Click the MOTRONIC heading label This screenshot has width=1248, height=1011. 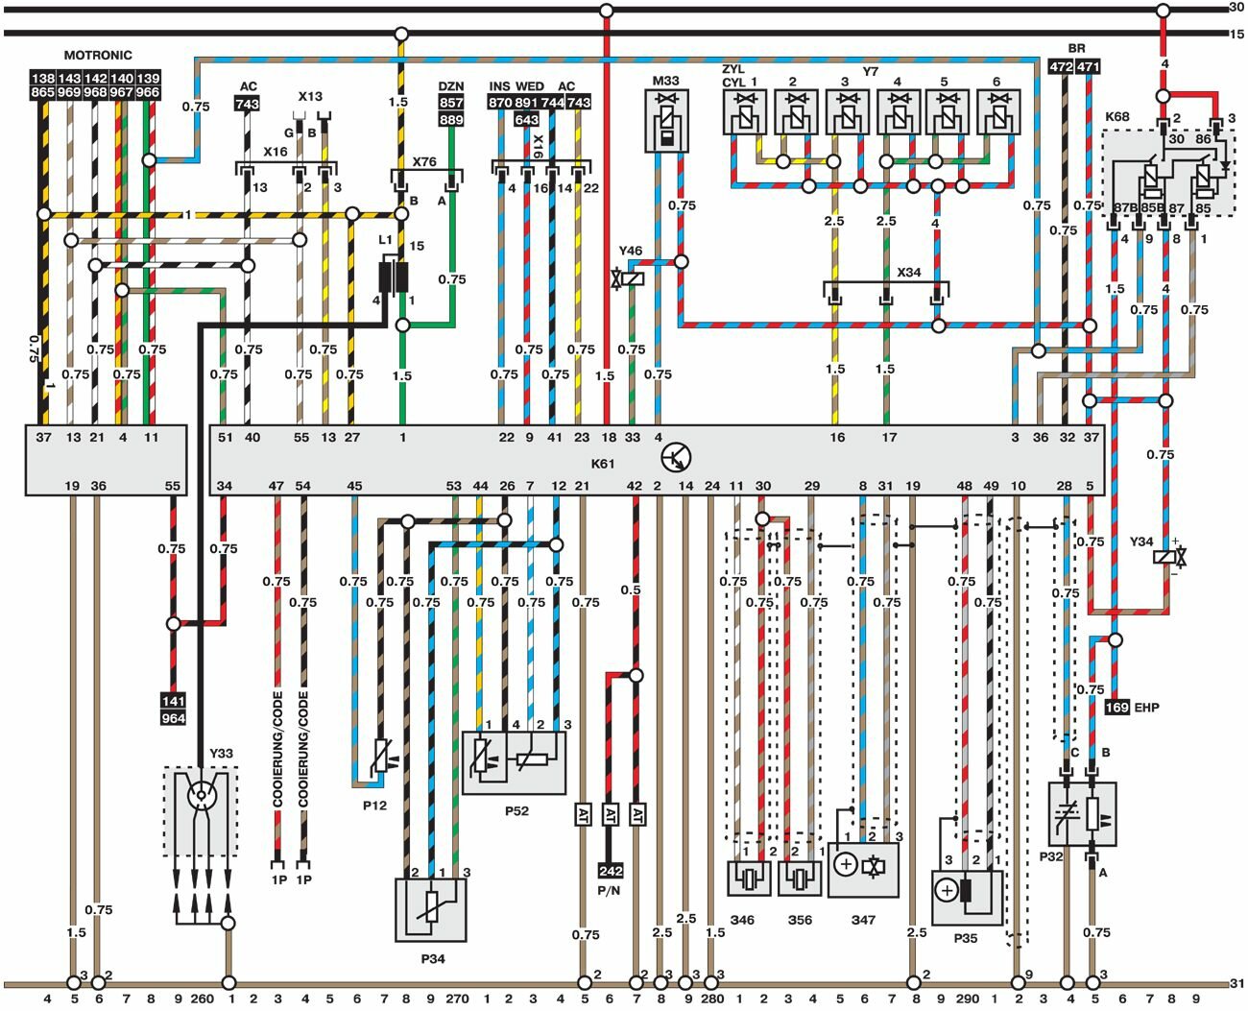(98, 55)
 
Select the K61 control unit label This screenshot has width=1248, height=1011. (602, 464)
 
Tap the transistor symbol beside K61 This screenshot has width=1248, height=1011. (678, 458)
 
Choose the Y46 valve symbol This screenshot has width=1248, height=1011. (633, 278)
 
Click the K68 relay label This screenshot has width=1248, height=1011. (1117, 116)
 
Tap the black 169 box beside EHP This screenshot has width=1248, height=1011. (1117, 708)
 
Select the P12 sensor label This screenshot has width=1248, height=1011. (374, 805)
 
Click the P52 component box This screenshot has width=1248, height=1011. (514, 762)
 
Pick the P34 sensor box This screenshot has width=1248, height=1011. (431, 909)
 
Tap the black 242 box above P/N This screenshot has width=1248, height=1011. (611, 871)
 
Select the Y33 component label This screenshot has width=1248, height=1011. (221, 753)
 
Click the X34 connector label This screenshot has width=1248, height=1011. (908, 273)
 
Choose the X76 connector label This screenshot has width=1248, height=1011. (424, 161)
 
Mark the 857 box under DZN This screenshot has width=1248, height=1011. (451, 103)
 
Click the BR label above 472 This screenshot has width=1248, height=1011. (1076, 48)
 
